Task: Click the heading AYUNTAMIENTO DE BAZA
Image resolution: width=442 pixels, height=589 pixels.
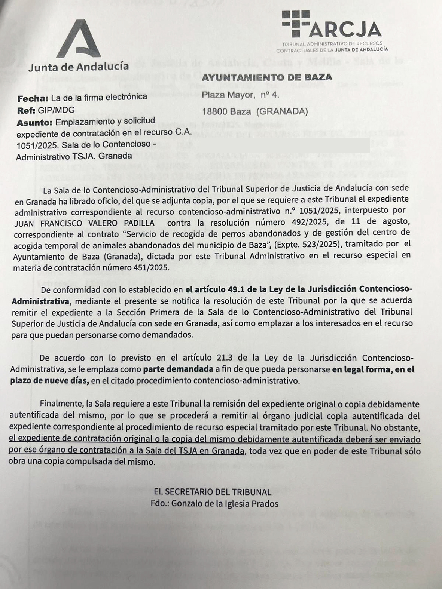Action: point(267,77)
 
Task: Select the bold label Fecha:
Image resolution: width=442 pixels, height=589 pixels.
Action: point(33,98)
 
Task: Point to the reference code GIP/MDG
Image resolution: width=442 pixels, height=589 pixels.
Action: point(56,110)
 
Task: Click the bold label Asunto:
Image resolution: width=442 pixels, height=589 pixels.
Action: point(34,122)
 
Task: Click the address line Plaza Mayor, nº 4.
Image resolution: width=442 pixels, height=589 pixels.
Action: point(240,95)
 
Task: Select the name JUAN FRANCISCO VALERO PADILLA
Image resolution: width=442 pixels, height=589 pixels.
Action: point(84,223)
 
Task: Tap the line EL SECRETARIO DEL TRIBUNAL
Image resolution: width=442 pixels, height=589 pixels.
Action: point(213,492)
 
